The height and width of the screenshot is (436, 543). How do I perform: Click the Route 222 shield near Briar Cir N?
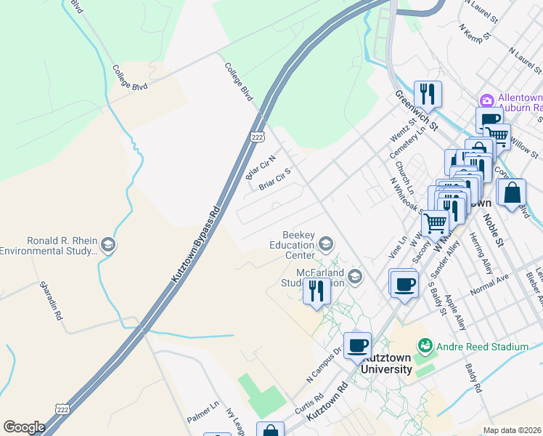[x=257, y=137]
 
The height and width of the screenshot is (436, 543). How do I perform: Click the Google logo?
[x=24, y=427]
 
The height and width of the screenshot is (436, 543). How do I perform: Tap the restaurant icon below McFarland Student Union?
[x=317, y=291]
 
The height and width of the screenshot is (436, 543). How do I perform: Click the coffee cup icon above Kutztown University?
[x=356, y=345]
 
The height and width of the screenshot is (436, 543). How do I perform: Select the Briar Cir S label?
[x=275, y=178]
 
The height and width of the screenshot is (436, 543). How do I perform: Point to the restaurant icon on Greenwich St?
[x=428, y=94]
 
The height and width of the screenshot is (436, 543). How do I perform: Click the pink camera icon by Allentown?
[x=486, y=99]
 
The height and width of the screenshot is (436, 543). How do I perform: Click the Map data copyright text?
[x=512, y=430]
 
